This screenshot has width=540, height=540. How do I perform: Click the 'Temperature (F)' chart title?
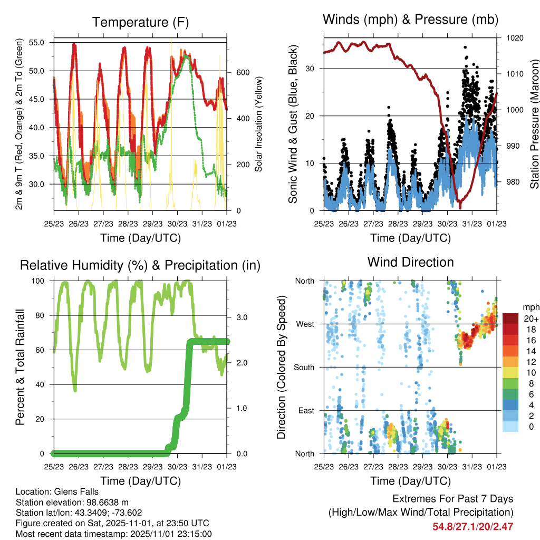(x=140, y=23)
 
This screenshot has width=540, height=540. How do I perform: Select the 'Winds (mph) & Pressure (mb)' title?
(x=410, y=20)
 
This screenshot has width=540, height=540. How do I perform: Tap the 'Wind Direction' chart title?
(x=410, y=262)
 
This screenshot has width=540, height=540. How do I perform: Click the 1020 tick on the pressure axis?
(x=514, y=38)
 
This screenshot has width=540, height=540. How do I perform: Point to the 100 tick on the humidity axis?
(x=40, y=281)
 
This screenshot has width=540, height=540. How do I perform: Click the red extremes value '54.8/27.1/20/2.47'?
(x=473, y=526)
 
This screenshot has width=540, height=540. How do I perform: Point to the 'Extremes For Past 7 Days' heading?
(x=452, y=499)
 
